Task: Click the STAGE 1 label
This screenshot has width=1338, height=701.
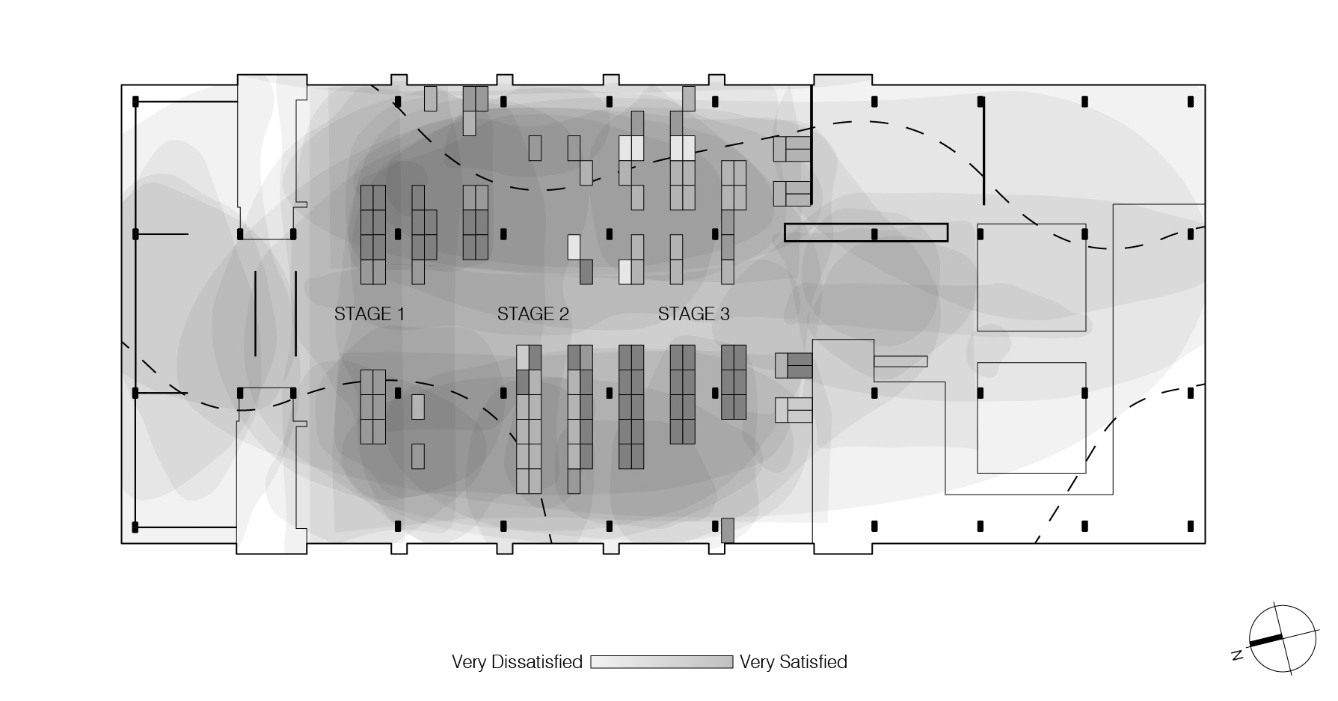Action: (369, 314)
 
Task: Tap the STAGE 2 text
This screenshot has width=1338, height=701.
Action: (533, 314)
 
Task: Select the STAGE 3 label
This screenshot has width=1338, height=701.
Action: (693, 314)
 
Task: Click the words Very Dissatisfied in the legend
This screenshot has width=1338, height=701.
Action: (517, 662)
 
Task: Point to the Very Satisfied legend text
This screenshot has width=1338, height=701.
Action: (793, 662)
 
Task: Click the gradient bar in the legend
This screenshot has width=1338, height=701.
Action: (661, 662)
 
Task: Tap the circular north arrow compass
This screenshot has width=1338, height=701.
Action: (1283, 638)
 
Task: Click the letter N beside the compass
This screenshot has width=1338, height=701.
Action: (1237, 656)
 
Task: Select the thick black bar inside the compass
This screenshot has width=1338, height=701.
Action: (1265, 640)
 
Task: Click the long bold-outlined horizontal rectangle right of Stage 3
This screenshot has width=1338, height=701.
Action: (866, 233)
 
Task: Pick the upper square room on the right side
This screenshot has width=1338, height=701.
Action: (1031, 278)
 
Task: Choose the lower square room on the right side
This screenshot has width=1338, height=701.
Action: (1031, 417)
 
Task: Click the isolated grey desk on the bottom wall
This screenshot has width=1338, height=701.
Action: (728, 530)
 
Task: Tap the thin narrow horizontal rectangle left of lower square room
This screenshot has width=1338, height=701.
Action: (900, 361)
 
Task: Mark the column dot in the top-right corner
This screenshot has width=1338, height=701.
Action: (1191, 101)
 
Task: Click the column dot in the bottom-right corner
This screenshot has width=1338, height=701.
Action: (1191, 527)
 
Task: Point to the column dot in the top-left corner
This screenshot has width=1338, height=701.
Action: (135, 101)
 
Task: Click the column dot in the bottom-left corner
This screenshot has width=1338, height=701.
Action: (135, 527)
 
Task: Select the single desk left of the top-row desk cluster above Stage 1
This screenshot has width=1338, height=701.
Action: (430, 98)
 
